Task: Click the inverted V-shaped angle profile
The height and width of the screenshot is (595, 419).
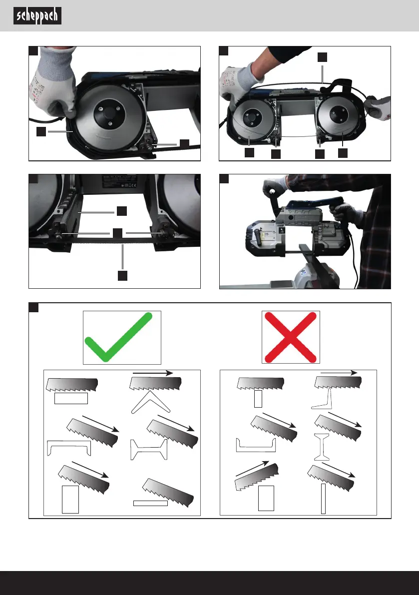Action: click(151, 402)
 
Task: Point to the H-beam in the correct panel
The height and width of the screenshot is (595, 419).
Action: click(149, 449)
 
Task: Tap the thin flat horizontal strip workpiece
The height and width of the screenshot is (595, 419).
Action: click(150, 503)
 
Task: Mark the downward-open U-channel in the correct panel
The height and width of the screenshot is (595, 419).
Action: click(68, 447)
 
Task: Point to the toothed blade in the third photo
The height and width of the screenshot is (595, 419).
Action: click(115, 241)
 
